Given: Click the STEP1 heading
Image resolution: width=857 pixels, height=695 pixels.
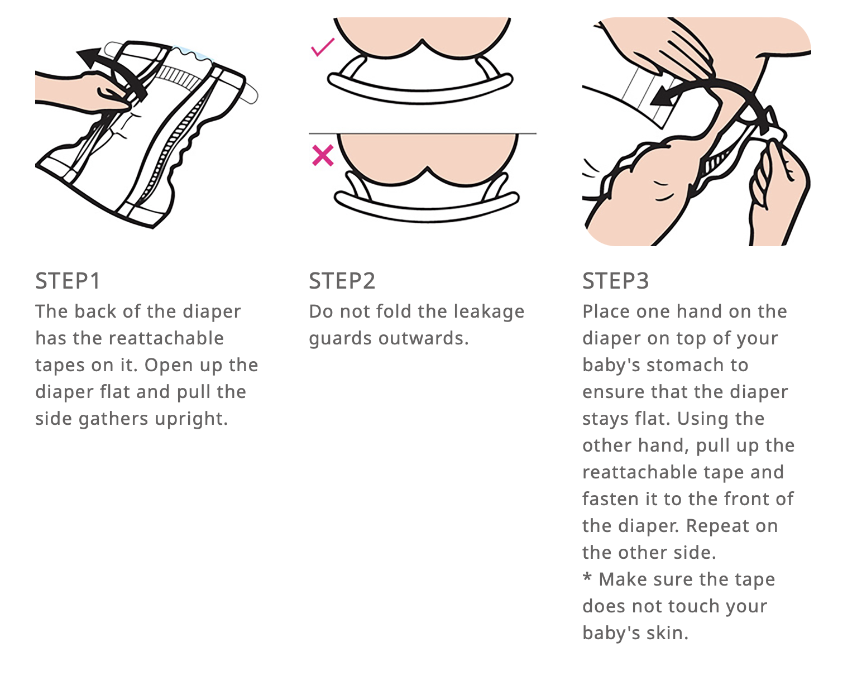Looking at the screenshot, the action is [68, 281].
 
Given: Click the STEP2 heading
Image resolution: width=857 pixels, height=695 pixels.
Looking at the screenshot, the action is [342, 281].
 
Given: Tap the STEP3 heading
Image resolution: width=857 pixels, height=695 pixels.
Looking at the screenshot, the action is [616, 281].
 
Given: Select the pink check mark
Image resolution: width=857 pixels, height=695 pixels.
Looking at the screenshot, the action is [323, 47].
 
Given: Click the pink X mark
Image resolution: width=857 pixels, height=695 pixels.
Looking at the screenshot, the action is [323, 155].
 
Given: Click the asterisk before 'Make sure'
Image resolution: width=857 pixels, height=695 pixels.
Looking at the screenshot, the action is [587, 578].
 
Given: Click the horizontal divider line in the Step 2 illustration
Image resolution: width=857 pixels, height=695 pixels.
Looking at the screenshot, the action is [423, 133].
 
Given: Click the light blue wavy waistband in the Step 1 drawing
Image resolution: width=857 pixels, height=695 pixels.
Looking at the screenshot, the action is [191, 55].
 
